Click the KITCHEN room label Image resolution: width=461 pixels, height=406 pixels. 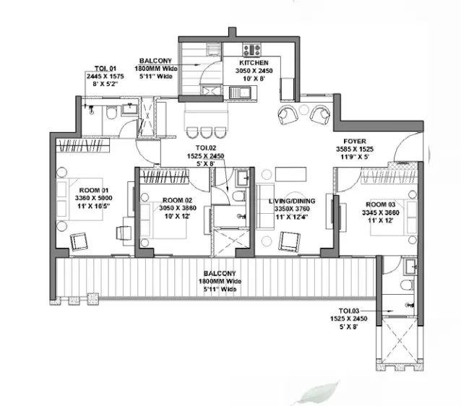coord(254,63)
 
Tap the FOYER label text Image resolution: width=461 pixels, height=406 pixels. coord(355,142)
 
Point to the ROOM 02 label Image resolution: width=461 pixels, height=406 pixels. coord(177,200)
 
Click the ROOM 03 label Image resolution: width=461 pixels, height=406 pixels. coord(381,204)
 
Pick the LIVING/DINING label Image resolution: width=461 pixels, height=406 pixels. coord(292,201)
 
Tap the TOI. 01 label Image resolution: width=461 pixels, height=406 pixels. coord(105,69)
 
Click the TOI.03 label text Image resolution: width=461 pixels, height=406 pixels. coord(349,311)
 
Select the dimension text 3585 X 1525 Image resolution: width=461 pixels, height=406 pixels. coord(355,149)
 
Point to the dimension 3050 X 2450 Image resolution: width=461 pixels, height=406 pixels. coord(254,71)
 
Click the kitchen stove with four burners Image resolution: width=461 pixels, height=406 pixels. coord(251,50)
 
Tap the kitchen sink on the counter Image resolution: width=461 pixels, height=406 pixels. coord(240,92)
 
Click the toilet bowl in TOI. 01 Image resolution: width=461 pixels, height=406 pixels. coord(111,112)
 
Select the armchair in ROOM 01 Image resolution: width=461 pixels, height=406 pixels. coord(79,242)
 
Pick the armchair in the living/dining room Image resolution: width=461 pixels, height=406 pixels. coord(290,241)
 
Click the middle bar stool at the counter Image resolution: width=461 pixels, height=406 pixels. coord(206,132)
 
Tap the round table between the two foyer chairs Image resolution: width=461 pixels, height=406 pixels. coord(303,110)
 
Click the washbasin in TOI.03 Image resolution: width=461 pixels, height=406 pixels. coord(410,267)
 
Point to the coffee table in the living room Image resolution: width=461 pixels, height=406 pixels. coord(290,174)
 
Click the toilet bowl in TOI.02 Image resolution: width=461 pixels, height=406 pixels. coord(239,196)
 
